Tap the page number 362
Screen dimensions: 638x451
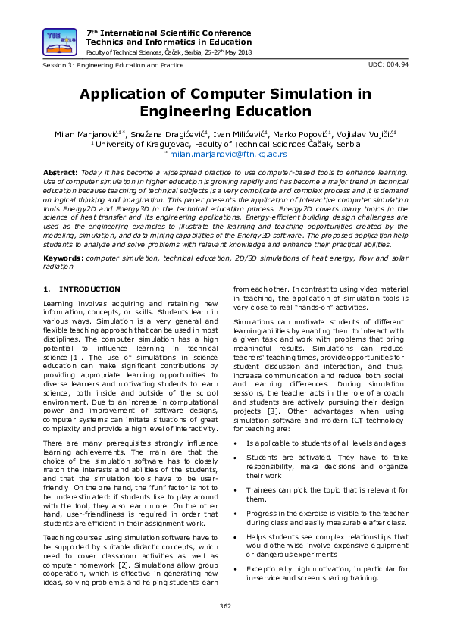click(225, 605)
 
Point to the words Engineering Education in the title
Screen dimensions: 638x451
click(225, 111)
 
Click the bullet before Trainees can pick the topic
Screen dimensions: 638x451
click(238, 490)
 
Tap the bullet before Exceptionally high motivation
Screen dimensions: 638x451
click(238, 568)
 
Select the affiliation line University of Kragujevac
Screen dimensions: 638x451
click(225, 144)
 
